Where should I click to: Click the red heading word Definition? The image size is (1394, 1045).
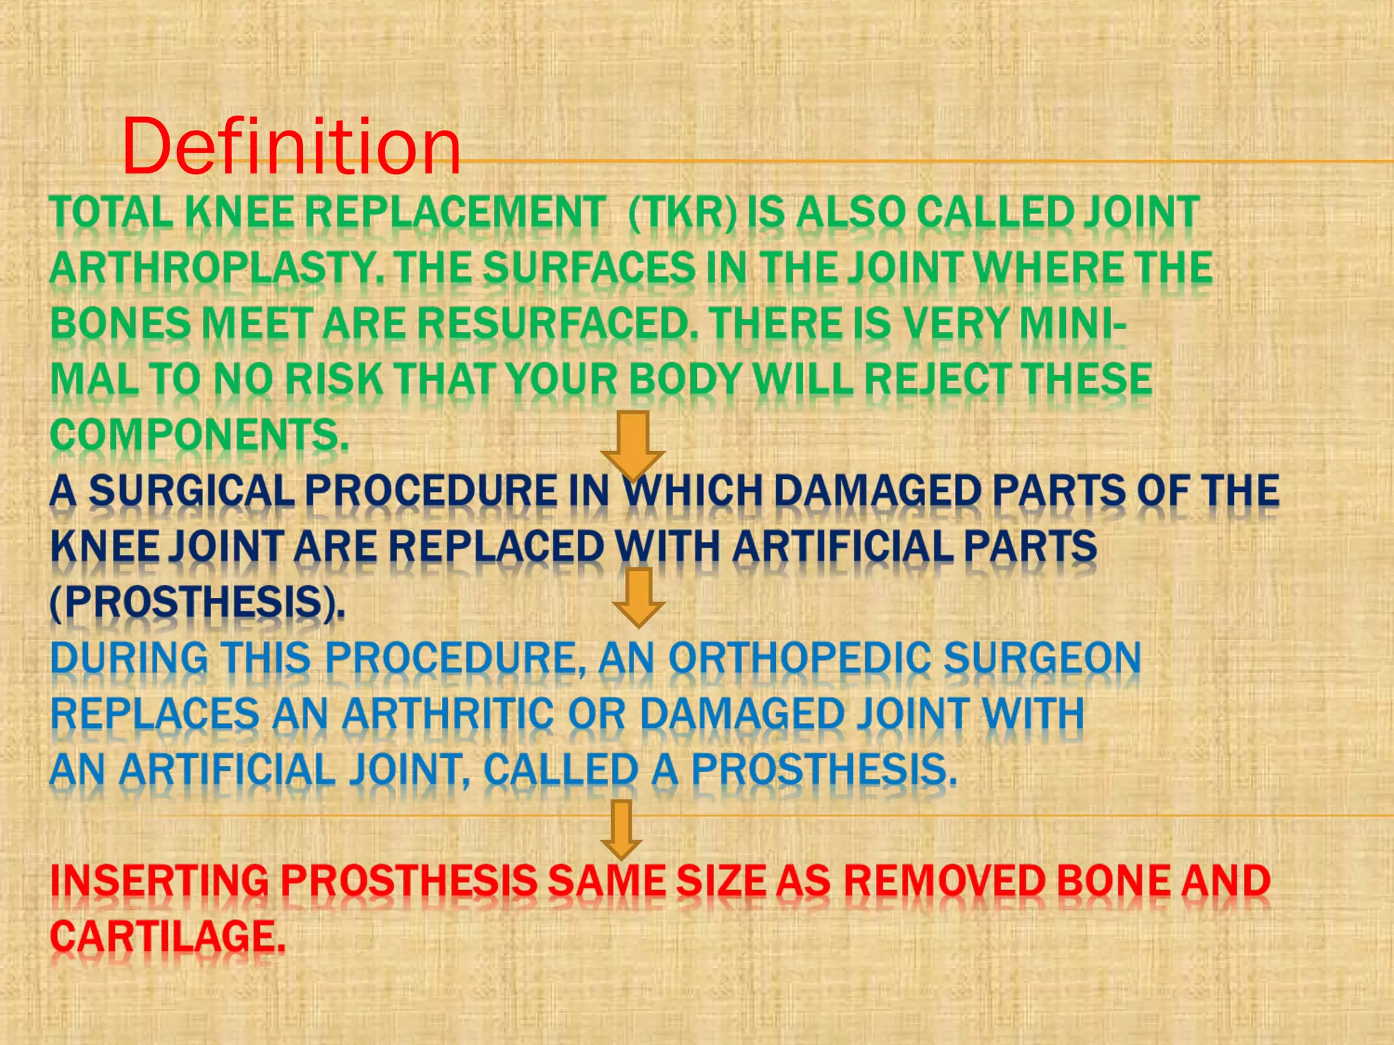click(x=291, y=146)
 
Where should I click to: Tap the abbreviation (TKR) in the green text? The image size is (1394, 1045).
click(x=683, y=212)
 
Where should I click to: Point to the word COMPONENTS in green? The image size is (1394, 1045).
click(x=199, y=435)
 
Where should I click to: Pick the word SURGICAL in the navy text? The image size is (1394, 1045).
click(x=191, y=491)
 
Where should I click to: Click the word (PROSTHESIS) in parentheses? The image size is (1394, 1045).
click(x=197, y=603)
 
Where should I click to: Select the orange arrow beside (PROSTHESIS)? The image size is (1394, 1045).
click(x=638, y=597)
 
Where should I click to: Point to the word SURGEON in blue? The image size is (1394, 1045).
click(x=1042, y=659)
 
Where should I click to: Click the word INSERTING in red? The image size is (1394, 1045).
click(x=160, y=881)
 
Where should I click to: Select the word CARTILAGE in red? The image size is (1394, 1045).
click(x=167, y=937)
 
